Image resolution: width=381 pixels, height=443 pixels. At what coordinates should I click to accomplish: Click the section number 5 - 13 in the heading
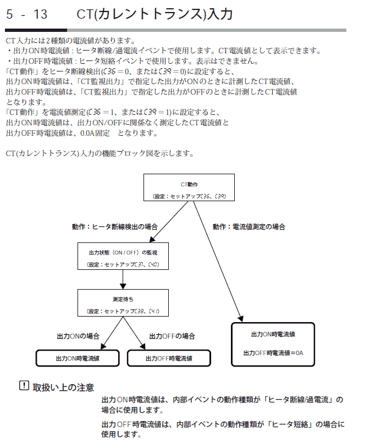pyautogui.click(x=26, y=14)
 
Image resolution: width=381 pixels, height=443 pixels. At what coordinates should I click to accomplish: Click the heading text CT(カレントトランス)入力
pyautogui.click(x=154, y=14)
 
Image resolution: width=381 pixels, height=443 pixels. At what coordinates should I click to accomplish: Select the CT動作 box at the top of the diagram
pyautogui.click(x=189, y=187)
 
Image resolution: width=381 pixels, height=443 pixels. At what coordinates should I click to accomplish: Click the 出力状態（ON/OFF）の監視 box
pyautogui.click(x=123, y=256)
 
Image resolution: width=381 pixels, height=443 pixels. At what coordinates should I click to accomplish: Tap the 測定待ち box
pyautogui.click(x=123, y=303)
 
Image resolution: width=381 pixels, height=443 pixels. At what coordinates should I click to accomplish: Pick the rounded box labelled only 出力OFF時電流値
pyautogui.click(x=169, y=358)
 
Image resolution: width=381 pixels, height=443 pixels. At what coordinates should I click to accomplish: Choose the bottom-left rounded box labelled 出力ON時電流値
pyautogui.click(x=78, y=358)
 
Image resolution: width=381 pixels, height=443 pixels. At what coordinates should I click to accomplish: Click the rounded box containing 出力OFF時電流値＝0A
pyautogui.click(x=273, y=345)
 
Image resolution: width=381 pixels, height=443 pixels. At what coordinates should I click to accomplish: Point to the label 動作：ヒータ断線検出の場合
pyautogui.click(x=115, y=226)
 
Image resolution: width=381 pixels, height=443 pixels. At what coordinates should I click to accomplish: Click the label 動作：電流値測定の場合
pyautogui.click(x=249, y=226)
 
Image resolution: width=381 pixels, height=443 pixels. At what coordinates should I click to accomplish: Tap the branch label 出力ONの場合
pyautogui.click(x=78, y=336)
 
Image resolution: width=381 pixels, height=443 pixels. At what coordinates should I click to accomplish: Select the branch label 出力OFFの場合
pyautogui.click(x=172, y=336)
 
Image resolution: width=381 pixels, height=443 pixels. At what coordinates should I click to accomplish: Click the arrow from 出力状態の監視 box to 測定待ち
pyautogui.click(x=123, y=279)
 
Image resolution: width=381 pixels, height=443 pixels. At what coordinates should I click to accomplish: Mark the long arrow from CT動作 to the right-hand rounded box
pyautogui.click(x=218, y=261)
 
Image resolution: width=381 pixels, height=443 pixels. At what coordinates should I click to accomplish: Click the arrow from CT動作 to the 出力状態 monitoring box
pyautogui.click(x=169, y=222)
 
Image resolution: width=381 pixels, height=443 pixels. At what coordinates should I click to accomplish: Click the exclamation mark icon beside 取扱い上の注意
pyautogui.click(x=24, y=385)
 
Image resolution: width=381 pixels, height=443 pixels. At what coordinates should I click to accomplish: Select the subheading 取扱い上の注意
pyautogui.click(x=63, y=387)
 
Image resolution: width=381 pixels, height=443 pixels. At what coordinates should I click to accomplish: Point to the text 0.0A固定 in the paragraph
pyautogui.click(x=95, y=133)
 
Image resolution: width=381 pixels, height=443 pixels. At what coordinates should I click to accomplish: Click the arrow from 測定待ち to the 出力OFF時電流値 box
pyautogui.click(x=134, y=333)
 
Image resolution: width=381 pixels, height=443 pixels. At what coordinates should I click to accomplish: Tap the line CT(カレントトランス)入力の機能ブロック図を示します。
pyautogui.click(x=100, y=153)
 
